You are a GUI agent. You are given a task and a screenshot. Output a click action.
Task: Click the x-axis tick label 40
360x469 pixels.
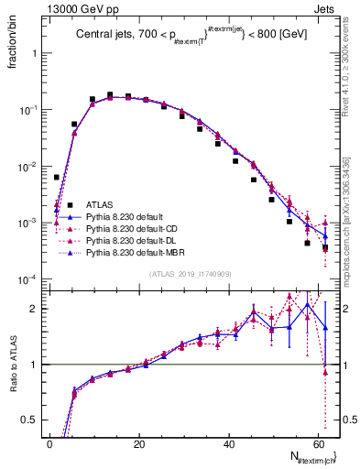tap(227, 442)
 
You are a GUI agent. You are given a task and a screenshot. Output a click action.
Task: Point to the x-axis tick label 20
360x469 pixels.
tap(138, 442)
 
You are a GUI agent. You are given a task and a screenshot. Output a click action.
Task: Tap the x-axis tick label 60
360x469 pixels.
tap(317, 442)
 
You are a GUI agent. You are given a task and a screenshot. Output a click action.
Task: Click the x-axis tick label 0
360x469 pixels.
tap(49, 442)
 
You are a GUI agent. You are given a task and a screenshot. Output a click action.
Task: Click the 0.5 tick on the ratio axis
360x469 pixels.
tap(31, 420)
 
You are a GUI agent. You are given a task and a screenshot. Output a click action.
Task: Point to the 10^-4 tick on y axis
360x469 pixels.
tap(27, 279)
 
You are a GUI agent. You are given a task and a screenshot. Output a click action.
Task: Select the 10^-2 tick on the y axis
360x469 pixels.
tap(27, 166)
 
